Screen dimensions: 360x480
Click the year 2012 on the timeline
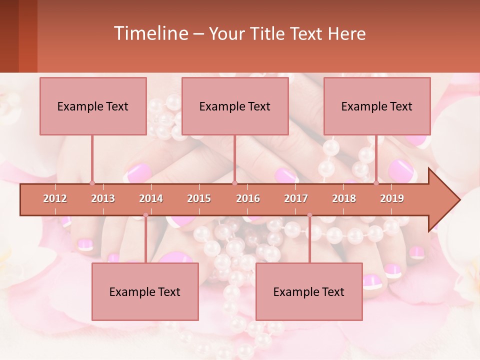click(55, 198)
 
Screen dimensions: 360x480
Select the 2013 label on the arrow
click(103, 198)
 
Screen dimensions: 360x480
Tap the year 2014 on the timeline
click(151, 198)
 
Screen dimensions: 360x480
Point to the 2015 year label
click(199, 198)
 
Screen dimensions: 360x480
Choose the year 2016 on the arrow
click(248, 198)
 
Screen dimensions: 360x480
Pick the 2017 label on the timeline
click(296, 198)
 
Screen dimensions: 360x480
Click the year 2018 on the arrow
click(344, 198)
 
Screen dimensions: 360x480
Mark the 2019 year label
click(392, 198)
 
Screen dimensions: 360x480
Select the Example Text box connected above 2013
click(93, 106)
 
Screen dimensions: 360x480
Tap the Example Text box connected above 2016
click(235, 106)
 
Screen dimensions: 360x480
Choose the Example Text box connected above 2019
click(377, 106)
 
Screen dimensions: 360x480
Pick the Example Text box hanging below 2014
click(145, 291)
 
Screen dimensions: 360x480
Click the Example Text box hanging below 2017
click(309, 291)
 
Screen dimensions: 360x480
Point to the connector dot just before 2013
click(92, 183)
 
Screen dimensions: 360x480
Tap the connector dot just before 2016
click(234, 183)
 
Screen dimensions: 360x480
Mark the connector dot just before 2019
click(376, 183)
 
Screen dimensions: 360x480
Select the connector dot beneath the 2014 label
click(145, 215)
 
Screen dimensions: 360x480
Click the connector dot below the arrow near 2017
click(309, 215)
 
